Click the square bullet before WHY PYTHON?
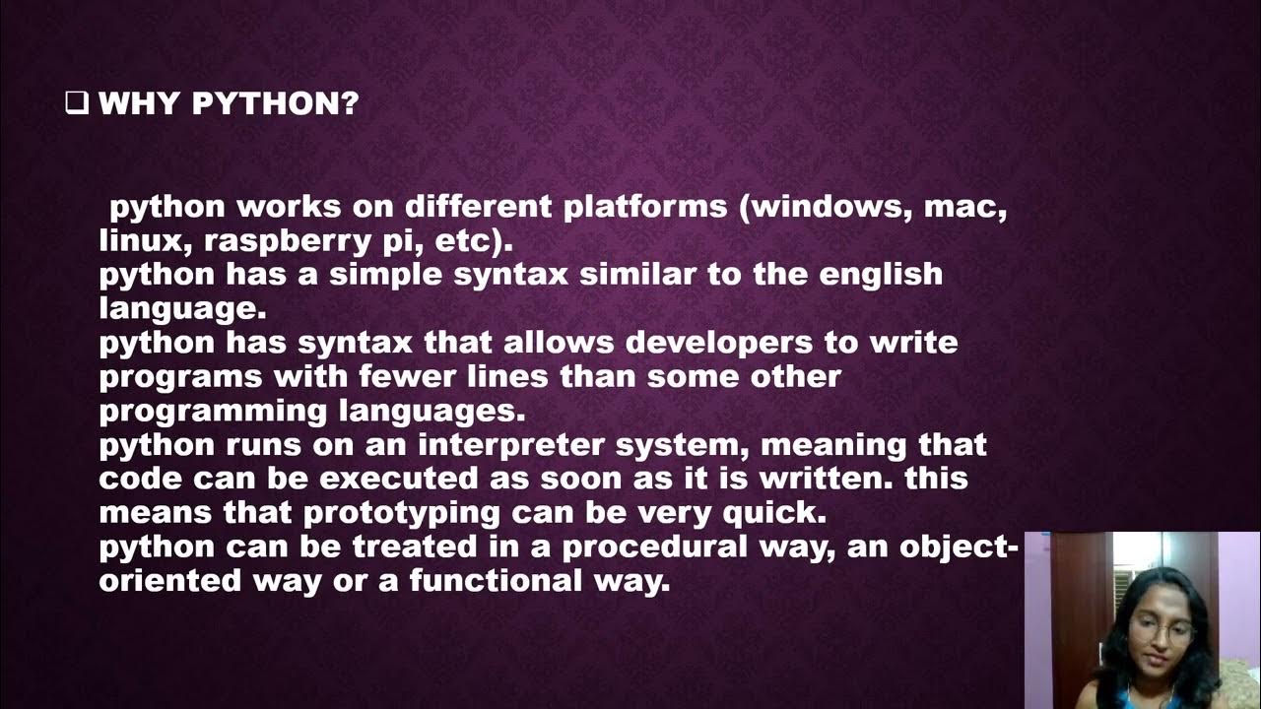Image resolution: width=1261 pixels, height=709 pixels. (76, 102)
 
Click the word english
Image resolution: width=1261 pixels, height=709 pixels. (880, 275)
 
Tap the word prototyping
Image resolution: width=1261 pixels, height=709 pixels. (402, 514)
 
